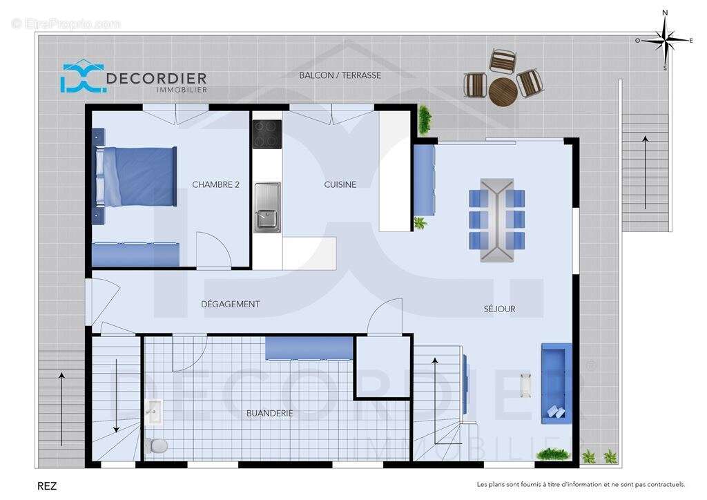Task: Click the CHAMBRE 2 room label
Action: point(215,184)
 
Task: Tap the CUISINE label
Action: point(340,184)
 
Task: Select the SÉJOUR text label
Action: point(498,309)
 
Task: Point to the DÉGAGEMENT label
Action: point(230,304)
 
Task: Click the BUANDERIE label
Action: point(269,413)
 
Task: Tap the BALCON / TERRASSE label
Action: point(340,75)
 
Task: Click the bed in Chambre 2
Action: point(136,176)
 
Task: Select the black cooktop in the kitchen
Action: point(267,134)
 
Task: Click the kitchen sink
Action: point(267,206)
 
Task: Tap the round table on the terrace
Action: point(502,90)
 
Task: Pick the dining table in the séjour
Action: point(497,220)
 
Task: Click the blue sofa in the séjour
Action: point(556,383)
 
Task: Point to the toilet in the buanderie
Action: point(157,444)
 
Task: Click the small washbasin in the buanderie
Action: point(153,412)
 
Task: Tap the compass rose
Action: point(665,41)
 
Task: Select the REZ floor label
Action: point(47,486)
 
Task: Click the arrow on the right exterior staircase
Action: point(645,173)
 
